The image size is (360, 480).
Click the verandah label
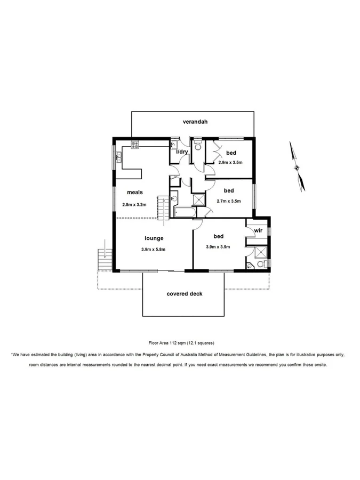(195, 122)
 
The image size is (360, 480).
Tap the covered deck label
(185, 293)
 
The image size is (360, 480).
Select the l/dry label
(182, 152)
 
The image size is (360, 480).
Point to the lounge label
(154, 238)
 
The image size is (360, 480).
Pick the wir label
(258, 230)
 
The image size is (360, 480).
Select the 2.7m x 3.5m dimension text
(229, 201)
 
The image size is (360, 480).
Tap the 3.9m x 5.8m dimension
(154, 249)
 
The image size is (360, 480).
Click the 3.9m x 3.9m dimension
(218, 247)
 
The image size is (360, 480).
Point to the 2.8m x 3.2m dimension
(134, 204)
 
